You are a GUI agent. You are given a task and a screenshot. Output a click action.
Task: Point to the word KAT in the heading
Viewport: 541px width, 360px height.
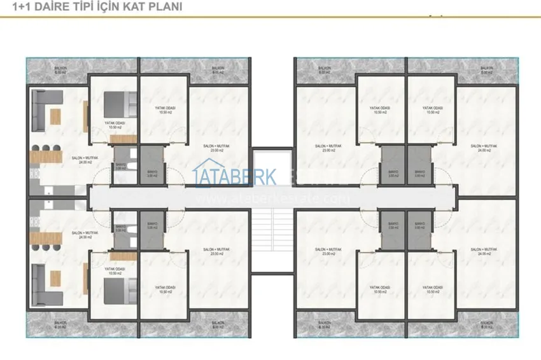pos(134,8)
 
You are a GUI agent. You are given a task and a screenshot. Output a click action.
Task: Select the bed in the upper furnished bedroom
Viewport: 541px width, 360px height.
pos(116,102)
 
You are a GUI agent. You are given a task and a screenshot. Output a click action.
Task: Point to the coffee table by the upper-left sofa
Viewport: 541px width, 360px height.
pos(55,116)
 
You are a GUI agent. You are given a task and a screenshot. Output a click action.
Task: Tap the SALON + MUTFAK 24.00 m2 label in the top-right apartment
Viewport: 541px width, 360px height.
pos(484,148)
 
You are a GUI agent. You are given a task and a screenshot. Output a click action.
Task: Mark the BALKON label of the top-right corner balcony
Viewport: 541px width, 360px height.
pos(487,69)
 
